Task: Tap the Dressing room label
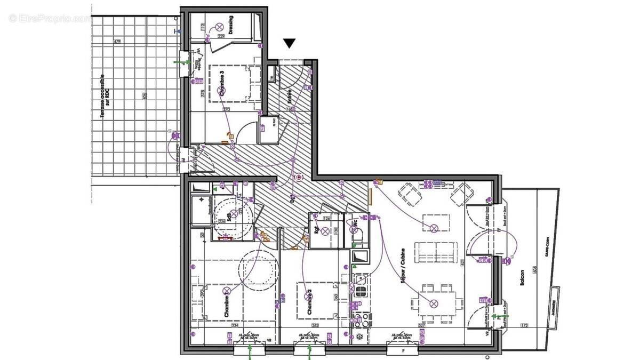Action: (230, 25)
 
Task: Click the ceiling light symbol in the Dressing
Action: (219, 27)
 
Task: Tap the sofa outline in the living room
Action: (437, 252)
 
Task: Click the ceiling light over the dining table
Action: (434, 303)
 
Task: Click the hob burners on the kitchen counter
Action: (361, 291)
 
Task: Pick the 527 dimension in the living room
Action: (421, 325)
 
